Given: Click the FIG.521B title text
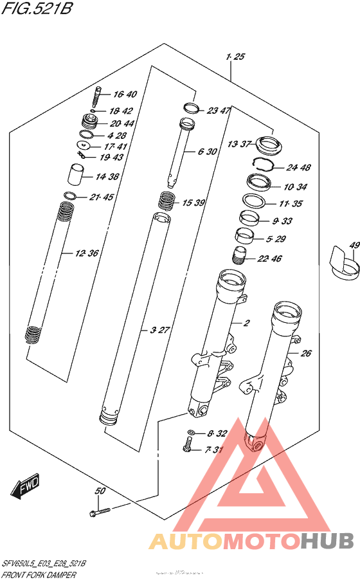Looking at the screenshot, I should click(x=37, y=12).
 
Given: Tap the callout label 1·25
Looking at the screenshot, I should click(x=236, y=58).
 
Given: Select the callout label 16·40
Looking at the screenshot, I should click(x=125, y=95).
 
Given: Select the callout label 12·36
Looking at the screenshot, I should click(x=87, y=253).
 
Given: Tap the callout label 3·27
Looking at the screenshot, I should click(x=159, y=330).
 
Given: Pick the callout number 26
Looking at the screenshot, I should click(x=306, y=353).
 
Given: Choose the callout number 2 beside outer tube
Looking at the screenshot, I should click(x=245, y=322).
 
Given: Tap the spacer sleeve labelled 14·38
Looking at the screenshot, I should click(x=77, y=174).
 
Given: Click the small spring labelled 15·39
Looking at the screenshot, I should click(x=167, y=201).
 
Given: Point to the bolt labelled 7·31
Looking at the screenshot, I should click(x=188, y=444).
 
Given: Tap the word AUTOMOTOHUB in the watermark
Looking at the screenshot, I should click(x=251, y=541).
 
